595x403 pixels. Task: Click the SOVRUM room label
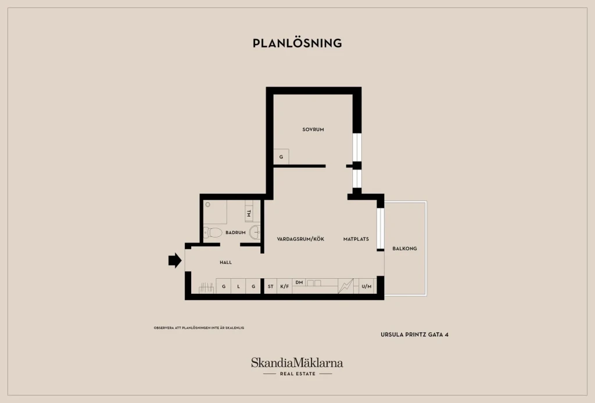(x=313, y=129)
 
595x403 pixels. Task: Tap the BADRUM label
(x=235, y=232)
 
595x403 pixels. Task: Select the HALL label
(x=225, y=262)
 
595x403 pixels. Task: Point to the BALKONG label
(x=404, y=249)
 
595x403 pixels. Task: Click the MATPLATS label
(x=356, y=239)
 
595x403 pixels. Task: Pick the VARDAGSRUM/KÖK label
(x=300, y=239)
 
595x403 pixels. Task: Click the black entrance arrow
(x=175, y=261)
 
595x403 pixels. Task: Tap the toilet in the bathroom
(x=213, y=232)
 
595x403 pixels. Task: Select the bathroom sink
(x=255, y=232)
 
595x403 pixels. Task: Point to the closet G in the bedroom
(x=281, y=157)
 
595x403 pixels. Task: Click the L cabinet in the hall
(x=238, y=286)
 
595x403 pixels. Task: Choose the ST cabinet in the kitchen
(x=271, y=286)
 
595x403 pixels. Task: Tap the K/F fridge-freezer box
(x=285, y=286)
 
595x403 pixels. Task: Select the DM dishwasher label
(x=299, y=282)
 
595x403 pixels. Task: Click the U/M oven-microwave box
(x=367, y=286)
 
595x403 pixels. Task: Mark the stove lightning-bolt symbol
(x=346, y=286)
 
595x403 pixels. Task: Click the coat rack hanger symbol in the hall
(x=206, y=288)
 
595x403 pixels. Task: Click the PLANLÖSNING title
(x=297, y=43)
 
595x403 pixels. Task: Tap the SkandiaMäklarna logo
(x=297, y=366)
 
